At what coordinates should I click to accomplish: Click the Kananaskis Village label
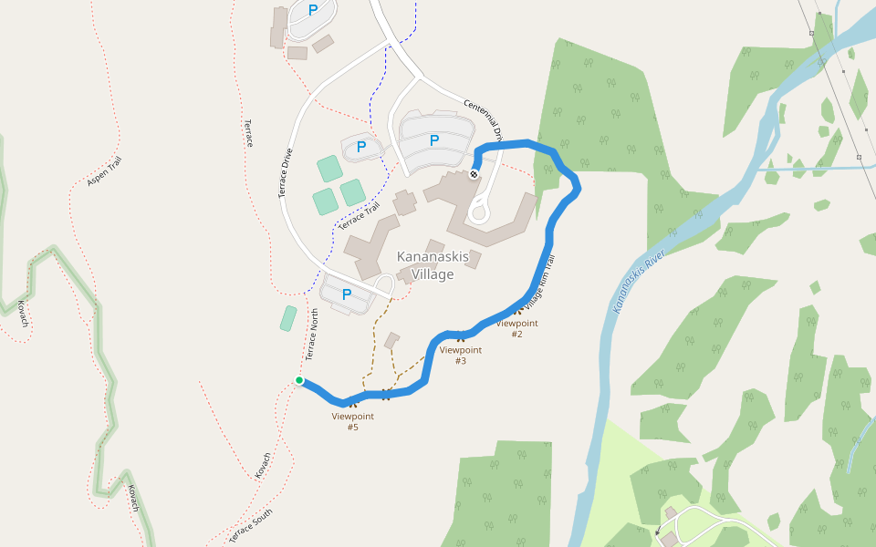(x=433, y=265)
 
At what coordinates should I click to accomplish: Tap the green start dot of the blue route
(x=299, y=380)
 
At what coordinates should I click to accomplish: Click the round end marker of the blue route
(x=474, y=174)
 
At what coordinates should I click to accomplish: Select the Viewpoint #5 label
(x=352, y=421)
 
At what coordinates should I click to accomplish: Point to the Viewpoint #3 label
(x=460, y=355)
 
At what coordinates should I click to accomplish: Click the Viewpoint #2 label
(x=516, y=328)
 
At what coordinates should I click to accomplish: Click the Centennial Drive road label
(x=484, y=120)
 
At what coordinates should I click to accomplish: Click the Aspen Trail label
(x=104, y=171)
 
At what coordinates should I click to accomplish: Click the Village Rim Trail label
(x=539, y=284)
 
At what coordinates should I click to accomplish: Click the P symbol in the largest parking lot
(x=434, y=140)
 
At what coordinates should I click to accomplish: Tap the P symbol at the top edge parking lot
(x=313, y=11)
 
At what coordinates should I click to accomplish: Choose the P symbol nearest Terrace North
(x=347, y=294)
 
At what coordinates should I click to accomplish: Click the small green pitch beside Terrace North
(x=288, y=318)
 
